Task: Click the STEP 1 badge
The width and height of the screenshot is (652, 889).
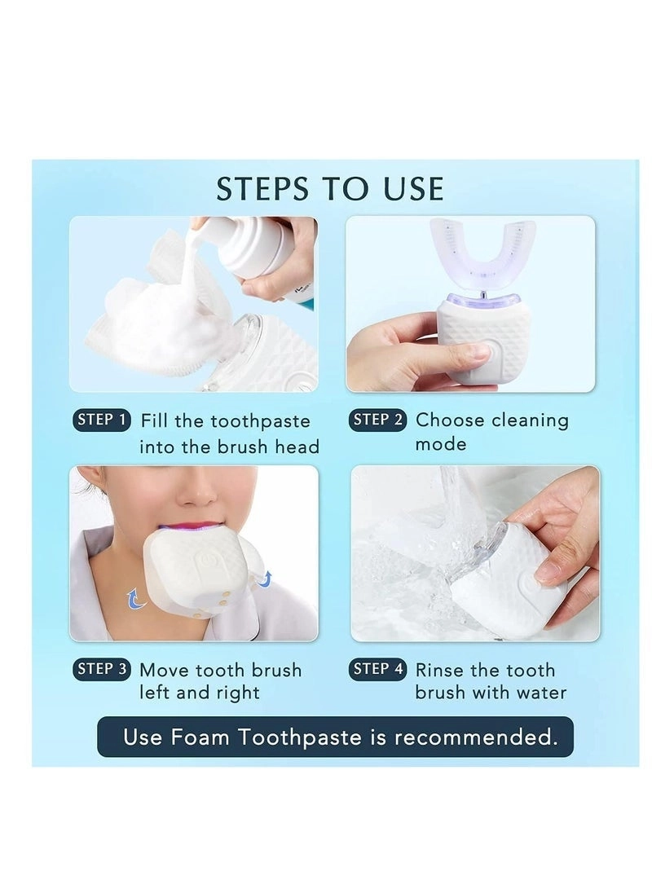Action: tap(102, 420)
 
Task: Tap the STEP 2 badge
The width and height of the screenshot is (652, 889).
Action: tap(378, 420)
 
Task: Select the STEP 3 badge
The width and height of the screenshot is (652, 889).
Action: tap(102, 670)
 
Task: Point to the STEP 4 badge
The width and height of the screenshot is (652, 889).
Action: tap(378, 670)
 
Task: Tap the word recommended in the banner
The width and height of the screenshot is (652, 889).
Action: tap(476, 737)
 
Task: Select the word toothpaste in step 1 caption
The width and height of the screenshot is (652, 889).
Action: tap(260, 421)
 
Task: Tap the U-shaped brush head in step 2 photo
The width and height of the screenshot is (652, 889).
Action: tap(482, 253)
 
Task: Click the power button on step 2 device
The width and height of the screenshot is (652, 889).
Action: tap(481, 352)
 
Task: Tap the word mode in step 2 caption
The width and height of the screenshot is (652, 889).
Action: tap(441, 444)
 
